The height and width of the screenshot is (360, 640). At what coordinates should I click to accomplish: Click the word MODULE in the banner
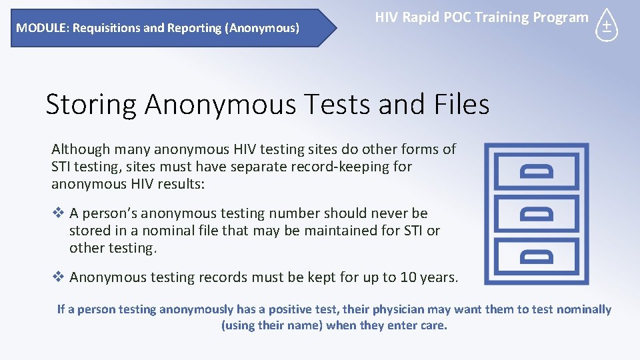click(x=37, y=28)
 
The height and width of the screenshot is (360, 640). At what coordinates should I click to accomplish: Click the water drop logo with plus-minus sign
click(x=606, y=26)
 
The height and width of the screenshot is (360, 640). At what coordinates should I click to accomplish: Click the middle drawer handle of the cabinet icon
click(x=537, y=213)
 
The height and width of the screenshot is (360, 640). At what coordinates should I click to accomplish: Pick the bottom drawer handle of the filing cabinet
click(x=537, y=255)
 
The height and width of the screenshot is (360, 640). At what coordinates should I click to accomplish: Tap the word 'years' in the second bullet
click(x=441, y=277)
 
